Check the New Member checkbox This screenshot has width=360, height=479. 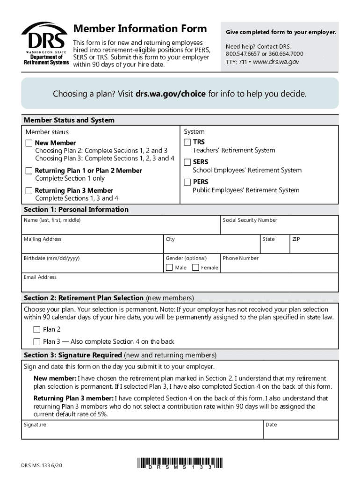click(29, 143)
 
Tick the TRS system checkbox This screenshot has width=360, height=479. click(187, 142)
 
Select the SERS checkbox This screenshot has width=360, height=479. click(187, 162)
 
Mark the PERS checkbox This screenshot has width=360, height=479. click(187, 181)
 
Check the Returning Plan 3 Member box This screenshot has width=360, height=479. click(29, 190)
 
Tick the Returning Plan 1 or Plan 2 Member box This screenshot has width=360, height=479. click(29, 171)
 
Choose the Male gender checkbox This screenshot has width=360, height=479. click(169, 268)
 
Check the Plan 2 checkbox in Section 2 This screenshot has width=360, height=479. click(37, 329)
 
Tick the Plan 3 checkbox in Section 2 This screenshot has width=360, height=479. click(37, 341)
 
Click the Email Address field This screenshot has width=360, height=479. click(180, 285)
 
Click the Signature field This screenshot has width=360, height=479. click(143, 432)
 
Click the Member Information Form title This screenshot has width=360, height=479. click(140, 29)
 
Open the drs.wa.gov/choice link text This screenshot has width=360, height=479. click(170, 94)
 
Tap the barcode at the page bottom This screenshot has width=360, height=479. click(180, 463)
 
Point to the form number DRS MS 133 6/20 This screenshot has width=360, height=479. click(42, 465)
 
